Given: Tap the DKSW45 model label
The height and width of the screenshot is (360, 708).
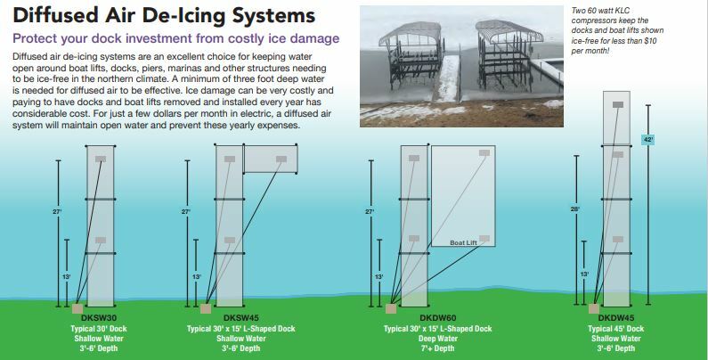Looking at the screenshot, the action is (x=241, y=318).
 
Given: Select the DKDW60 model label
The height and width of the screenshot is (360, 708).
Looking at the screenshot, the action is (x=438, y=318).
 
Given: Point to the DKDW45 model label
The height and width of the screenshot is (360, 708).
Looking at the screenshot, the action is (x=616, y=318).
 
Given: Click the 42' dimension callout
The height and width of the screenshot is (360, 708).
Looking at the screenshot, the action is (x=648, y=140).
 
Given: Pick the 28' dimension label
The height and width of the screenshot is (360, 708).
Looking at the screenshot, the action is (x=575, y=209).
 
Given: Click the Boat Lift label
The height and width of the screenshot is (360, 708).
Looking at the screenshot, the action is (x=463, y=242).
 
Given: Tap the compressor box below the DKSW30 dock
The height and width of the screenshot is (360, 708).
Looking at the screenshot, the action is (x=77, y=308).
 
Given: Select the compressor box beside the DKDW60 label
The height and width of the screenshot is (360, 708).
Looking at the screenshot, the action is (x=391, y=308).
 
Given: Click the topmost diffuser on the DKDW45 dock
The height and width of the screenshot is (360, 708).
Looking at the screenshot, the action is (x=618, y=105).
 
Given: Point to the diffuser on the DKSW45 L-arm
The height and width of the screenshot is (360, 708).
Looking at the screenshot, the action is (x=281, y=159).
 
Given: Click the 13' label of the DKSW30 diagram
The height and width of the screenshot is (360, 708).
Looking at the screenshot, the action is (x=67, y=276).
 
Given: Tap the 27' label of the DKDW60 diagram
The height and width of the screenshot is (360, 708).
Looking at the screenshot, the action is (x=370, y=211).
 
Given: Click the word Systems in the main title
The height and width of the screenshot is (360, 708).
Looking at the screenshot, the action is (x=273, y=15).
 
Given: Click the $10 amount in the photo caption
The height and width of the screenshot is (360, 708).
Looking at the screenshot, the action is (x=649, y=41).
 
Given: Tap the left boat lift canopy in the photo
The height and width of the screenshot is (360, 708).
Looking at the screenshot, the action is (x=411, y=34).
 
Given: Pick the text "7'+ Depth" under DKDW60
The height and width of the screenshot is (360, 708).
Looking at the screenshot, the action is (x=438, y=348).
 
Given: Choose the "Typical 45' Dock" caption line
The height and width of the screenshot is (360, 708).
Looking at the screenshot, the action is (x=616, y=329).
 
